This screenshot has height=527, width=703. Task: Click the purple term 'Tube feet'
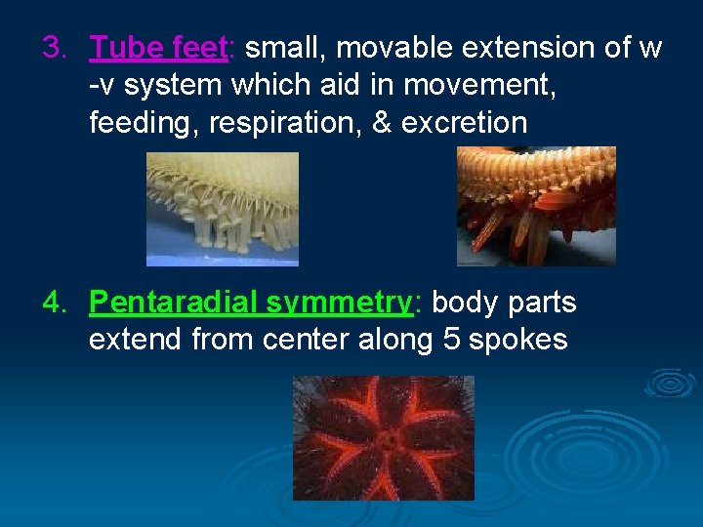tap(158, 47)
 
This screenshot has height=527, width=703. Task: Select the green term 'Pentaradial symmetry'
tap(251, 303)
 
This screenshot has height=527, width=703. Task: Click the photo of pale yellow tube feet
tap(222, 209)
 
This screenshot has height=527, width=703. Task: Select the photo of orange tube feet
tap(536, 206)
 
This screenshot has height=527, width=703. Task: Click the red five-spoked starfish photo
tap(383, 438)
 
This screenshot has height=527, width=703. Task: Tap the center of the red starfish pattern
tap(387, 440)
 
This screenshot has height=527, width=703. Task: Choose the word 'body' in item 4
tap(465, 303)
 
